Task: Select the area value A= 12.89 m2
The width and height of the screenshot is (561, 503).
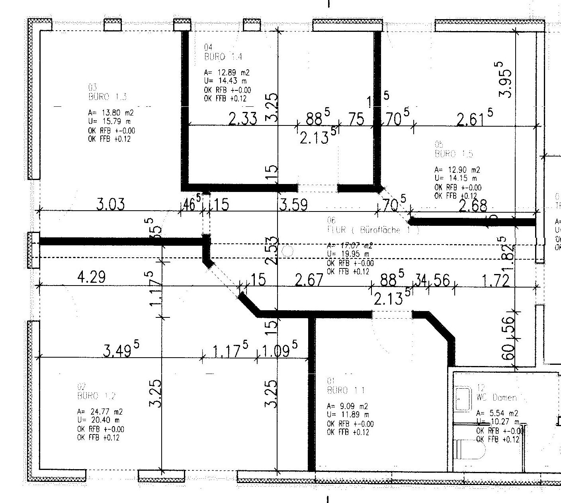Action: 227,72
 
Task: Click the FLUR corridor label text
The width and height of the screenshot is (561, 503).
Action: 372,230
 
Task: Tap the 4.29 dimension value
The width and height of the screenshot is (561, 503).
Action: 92,277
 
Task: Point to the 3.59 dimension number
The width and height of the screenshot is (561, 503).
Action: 293,205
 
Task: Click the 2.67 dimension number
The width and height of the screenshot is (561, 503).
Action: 309,280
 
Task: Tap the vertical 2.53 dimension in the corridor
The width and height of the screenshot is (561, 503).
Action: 271,250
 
